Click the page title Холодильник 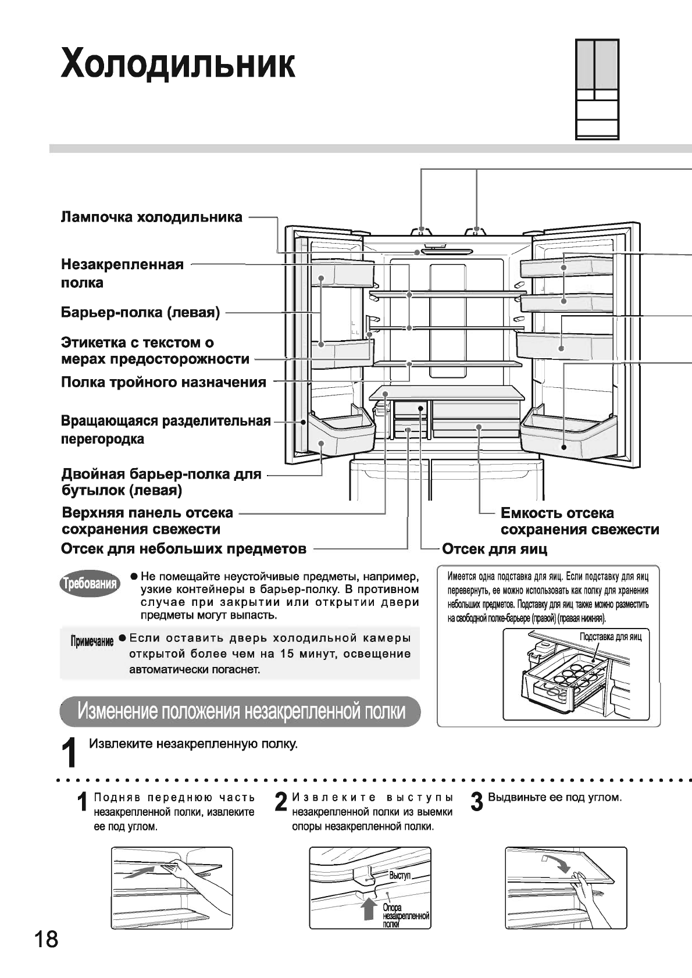pos(178,63)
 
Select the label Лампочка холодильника pos(152,217)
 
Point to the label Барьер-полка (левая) pos(141,313)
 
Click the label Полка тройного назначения pos(163,383)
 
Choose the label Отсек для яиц pos(495,549)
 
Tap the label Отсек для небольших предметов pos(184,549)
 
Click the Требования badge pos(90,584)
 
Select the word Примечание pos(92,641)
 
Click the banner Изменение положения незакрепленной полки pos(241,711)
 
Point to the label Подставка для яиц pos(610,637)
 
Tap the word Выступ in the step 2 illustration pos(400,875)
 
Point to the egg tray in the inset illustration pos(573,677)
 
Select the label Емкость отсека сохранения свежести pos(580,521)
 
